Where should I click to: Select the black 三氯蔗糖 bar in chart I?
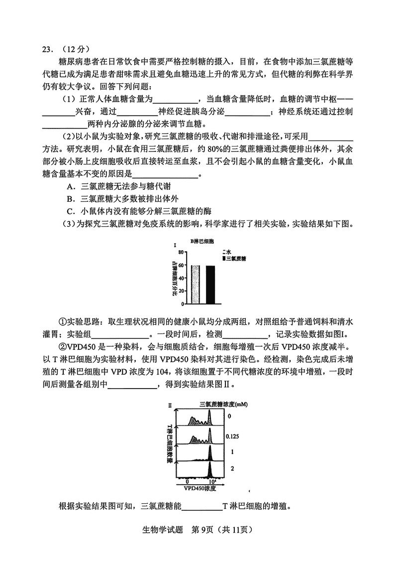click(210, 284)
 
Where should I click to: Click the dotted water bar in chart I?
click(196, 284)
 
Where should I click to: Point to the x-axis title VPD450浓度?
click(199, 489)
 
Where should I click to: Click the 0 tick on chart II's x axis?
click(187, 482)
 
